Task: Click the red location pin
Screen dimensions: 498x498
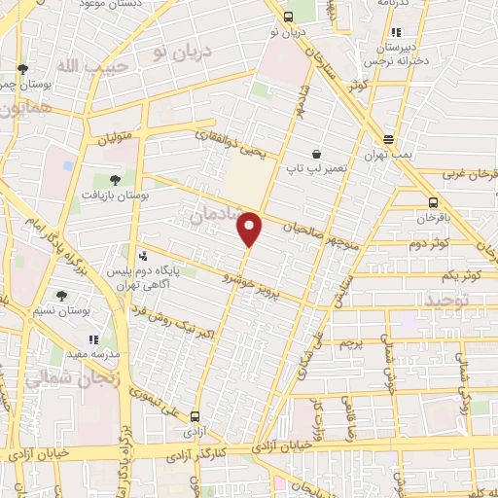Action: (x=250, y=230)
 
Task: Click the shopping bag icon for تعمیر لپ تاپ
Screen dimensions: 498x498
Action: (x=316, y=155)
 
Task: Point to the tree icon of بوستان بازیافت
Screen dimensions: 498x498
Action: (x=115, y=179)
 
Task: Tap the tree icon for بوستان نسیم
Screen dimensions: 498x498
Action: (x=61, y=296)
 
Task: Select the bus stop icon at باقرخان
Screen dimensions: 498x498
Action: (x=433, y=202)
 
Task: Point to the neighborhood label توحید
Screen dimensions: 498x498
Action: (x=446, y=302)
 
